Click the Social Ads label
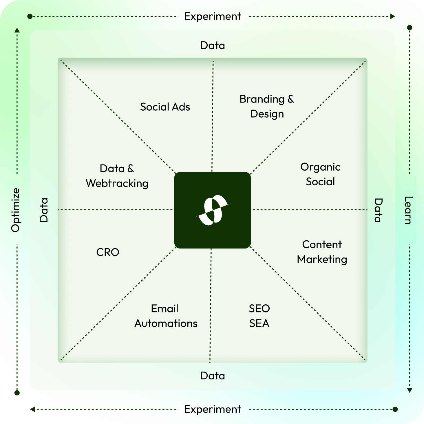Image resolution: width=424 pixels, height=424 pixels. [x=165, y=107]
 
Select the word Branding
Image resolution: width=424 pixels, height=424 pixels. [x=262, y=99]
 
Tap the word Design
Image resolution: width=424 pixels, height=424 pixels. [x=267, y=114]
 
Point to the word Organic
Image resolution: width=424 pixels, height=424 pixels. [x=320, y=167]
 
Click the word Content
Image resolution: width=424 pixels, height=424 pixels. [x=322, y=245]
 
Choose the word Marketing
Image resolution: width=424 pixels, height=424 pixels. [x=322, y=259]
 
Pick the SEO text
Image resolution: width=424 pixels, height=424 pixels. [x=259, y=309]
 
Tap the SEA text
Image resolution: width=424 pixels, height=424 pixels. [x=259, y=324]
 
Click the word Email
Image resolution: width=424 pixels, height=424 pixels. [x=165, y=309]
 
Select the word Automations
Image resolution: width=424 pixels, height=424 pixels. [x=166, y=324]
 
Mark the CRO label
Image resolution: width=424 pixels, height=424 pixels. [x=108, y=252]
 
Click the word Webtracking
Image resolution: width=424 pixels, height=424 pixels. [x=117, y=183]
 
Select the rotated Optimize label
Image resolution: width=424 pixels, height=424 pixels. [x=16, y=210]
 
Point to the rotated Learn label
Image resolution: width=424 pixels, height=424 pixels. [x=408, y=210]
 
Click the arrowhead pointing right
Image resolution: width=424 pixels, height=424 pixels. [x=392, y=17]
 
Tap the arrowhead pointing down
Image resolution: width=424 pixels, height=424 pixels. [x=410, y=390]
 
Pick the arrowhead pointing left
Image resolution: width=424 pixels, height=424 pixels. [x=32, y=409]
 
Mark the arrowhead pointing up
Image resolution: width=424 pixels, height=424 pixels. [x=17, y=30]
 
